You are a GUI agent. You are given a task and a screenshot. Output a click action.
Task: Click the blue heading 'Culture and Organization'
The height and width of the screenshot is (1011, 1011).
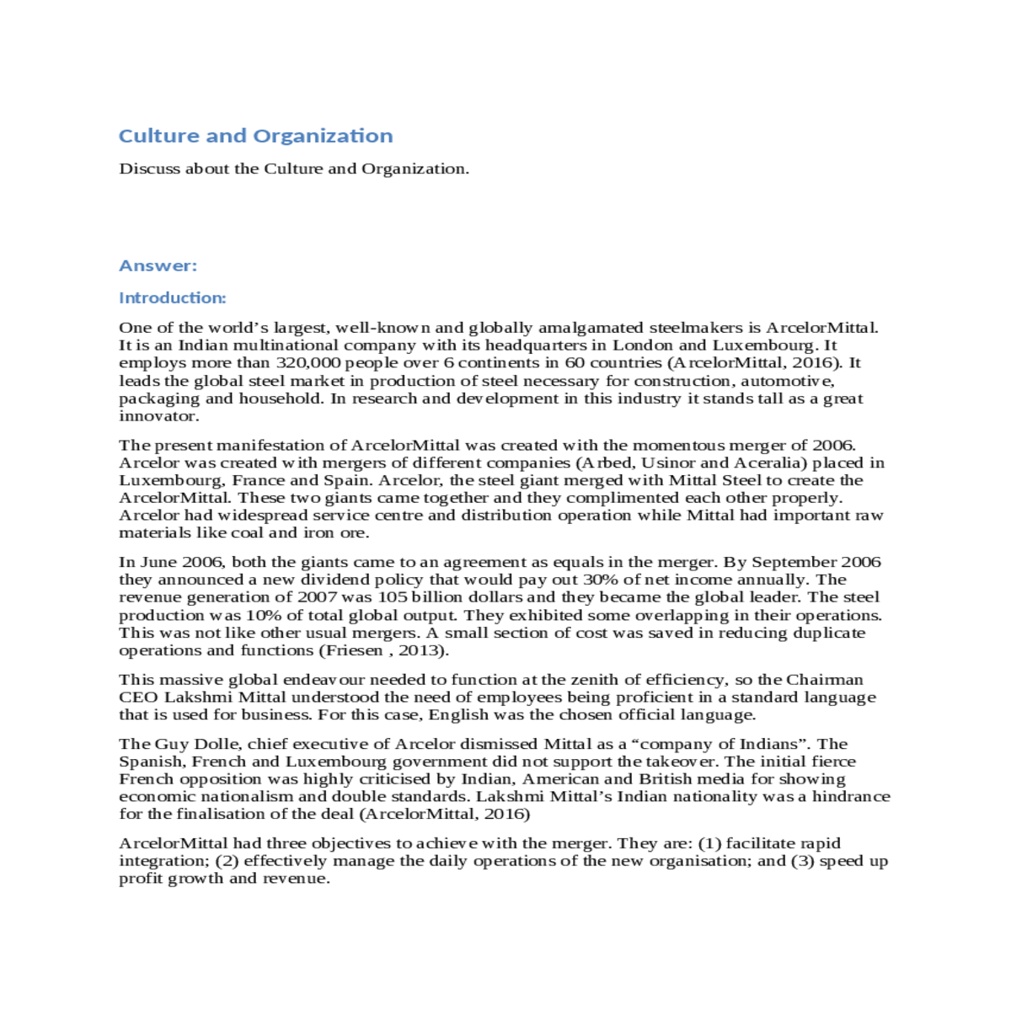pyautogui.click(x=255, y=136)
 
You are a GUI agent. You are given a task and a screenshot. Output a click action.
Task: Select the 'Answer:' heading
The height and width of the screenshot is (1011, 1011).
pyautogui.click(x=158, y=265)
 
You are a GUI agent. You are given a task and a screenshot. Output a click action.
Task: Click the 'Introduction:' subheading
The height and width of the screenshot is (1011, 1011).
pyautogui.click(x=172, y=297)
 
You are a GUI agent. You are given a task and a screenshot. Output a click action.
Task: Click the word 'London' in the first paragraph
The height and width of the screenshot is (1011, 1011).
pyautogui.click(x=642, y=345)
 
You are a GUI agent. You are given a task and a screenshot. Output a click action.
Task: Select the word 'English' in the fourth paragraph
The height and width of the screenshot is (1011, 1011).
pyautogui.click(x=458, y=714)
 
